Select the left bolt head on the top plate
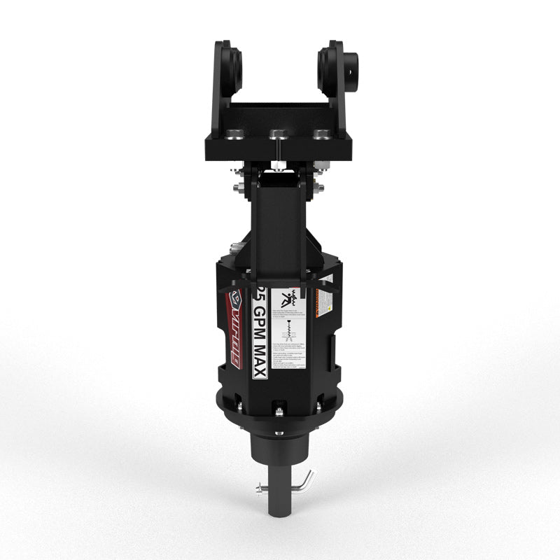point(236,134)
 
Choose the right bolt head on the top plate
point(321,134)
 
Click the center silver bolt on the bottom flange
point(279,412)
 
